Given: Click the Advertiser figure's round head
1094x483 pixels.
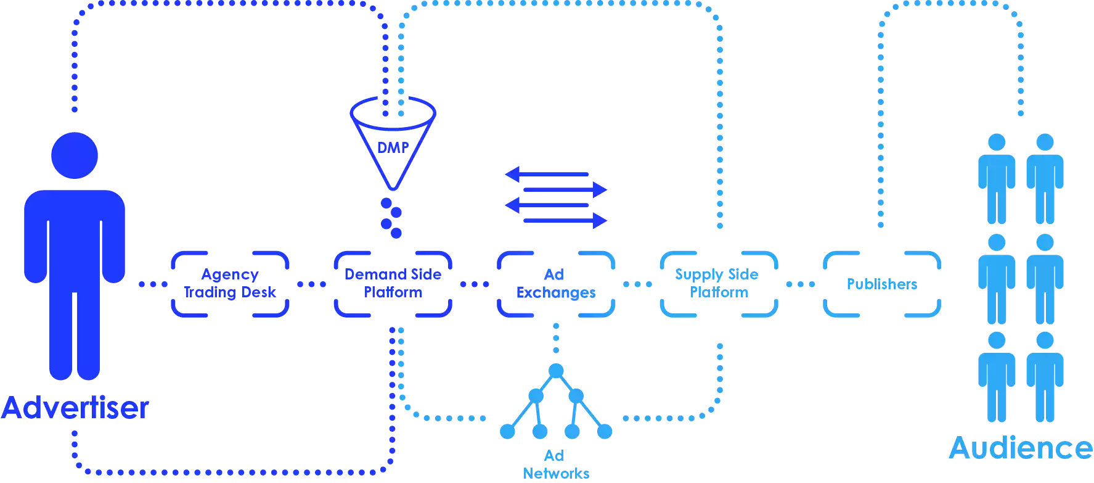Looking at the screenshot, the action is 75,155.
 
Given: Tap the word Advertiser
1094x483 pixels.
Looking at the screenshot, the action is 75,408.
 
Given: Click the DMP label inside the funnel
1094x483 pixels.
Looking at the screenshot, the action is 393,148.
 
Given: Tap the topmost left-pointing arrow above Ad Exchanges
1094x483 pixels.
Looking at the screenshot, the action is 547,175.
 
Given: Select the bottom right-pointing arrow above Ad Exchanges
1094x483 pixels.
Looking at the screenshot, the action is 565,220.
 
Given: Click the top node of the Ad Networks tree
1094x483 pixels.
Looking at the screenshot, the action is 556,371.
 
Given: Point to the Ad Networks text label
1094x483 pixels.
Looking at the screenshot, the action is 556,464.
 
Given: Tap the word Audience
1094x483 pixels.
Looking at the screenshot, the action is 1021,448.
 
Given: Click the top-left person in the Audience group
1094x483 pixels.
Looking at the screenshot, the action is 997,179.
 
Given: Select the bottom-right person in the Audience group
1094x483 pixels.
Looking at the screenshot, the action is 1045,377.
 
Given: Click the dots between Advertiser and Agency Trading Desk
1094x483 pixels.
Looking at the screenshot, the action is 153,284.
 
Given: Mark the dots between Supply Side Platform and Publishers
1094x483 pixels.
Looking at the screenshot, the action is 801,284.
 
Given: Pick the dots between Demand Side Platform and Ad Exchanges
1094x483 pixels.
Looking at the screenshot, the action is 475,284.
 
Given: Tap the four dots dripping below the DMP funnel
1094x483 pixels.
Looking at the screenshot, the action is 391,218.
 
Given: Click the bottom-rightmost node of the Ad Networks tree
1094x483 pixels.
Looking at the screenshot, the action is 605,432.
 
